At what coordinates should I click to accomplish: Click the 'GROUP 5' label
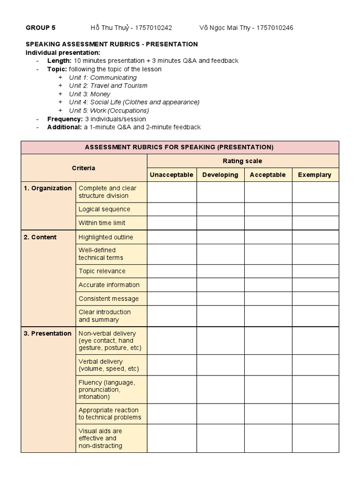(x=40, y=28)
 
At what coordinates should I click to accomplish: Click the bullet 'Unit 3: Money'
(x=90, y=94)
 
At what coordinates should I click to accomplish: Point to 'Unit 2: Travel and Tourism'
(x=108, y=86)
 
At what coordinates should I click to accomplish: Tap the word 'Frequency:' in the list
(x=65, y=119)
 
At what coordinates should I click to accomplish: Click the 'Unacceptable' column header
(x=172, y=175)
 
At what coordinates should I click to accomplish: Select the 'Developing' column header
(x=220, y=175)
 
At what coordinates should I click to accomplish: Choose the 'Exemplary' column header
(x=315, y=175)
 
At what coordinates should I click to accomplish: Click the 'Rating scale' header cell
(x=242, y=161)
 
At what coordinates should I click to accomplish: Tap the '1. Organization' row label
(x=48, y=188)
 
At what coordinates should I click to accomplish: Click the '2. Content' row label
(x=40, y=237)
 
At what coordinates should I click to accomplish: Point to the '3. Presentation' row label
(x=48, y=333)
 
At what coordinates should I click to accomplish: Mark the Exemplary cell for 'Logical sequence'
(x=315, y=209)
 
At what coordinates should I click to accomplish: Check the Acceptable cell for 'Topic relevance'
(x=268, y=271)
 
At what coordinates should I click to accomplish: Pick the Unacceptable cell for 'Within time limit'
(x=172, y=223)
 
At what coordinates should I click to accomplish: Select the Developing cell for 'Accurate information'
(x=220, y=285)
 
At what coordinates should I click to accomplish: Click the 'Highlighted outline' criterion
(x=106, y=237)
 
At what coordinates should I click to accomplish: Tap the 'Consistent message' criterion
(x=109, y=299)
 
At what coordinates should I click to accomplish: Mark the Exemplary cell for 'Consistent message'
(x=315, y=299)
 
